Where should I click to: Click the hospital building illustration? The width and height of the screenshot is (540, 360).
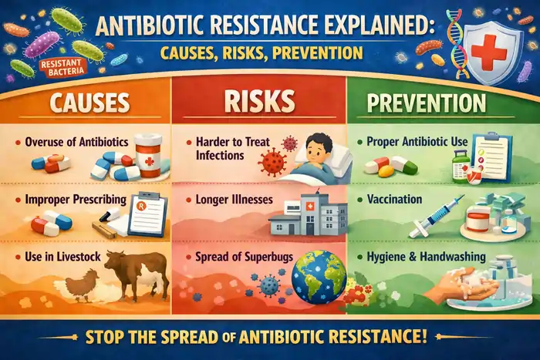click(303, 213)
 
